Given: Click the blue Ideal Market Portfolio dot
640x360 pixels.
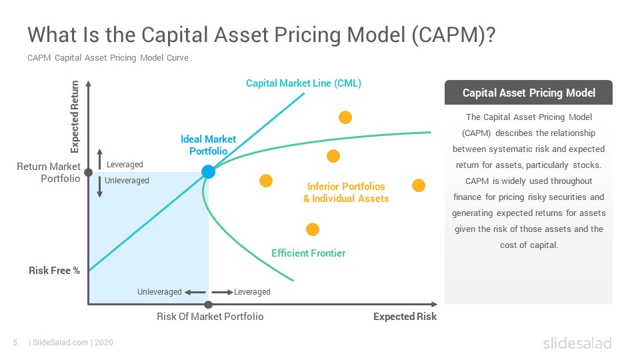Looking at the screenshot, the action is click(x=208, y=172).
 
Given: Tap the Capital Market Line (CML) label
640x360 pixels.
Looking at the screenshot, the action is click(x=303, y=83).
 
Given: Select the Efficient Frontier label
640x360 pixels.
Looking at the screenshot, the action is click(x=308, y=253).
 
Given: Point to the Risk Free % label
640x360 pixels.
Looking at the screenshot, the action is click(x=54, y=271).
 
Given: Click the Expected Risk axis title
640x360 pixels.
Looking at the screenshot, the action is click(x=405, y=317).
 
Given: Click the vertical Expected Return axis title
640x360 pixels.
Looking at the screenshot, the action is click(x=75, y=117).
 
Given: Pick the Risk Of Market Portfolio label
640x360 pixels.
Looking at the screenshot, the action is click(x=210, y=317).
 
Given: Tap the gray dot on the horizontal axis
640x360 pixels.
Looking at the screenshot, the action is click(x=208, y=305).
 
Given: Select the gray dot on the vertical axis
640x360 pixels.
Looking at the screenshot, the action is click(x=88, y=173).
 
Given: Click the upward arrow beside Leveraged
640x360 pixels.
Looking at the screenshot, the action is click(x=99, y=159).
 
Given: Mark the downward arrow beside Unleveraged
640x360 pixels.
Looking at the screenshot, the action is click(x=99, y=187).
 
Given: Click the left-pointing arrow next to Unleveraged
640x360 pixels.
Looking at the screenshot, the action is click(x=195, y=292).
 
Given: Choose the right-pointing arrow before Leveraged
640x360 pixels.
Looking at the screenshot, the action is click(x=223, y=292).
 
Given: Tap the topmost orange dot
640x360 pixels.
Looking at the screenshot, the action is click(x=345, y=117).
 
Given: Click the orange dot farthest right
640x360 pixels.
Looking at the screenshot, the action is click(x=419, y=185).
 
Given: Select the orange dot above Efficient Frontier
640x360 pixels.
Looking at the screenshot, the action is click(x=313, y=229).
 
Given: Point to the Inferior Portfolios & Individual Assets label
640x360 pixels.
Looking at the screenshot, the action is click(x=346, y=193).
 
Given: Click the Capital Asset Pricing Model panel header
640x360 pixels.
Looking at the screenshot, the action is click(x=529, y=93).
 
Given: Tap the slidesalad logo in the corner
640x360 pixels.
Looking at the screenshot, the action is click(x=577, y=343).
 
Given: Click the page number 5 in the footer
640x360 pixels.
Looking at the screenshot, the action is click(x=15, y=343).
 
